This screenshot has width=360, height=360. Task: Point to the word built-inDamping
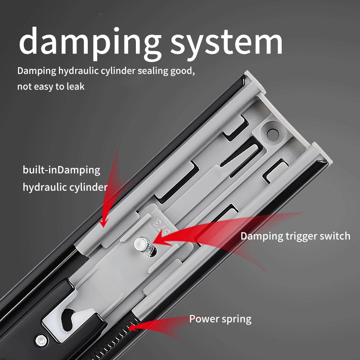tap(62, 171)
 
